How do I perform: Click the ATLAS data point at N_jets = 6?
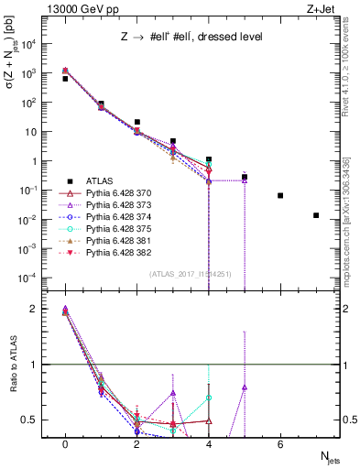click(280, 195)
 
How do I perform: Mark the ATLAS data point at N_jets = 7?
click(316, 215)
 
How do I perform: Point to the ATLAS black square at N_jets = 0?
click(65, 79)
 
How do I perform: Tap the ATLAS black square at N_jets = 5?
click(245, 177)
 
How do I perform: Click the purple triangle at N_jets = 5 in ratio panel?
click(245, 387)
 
